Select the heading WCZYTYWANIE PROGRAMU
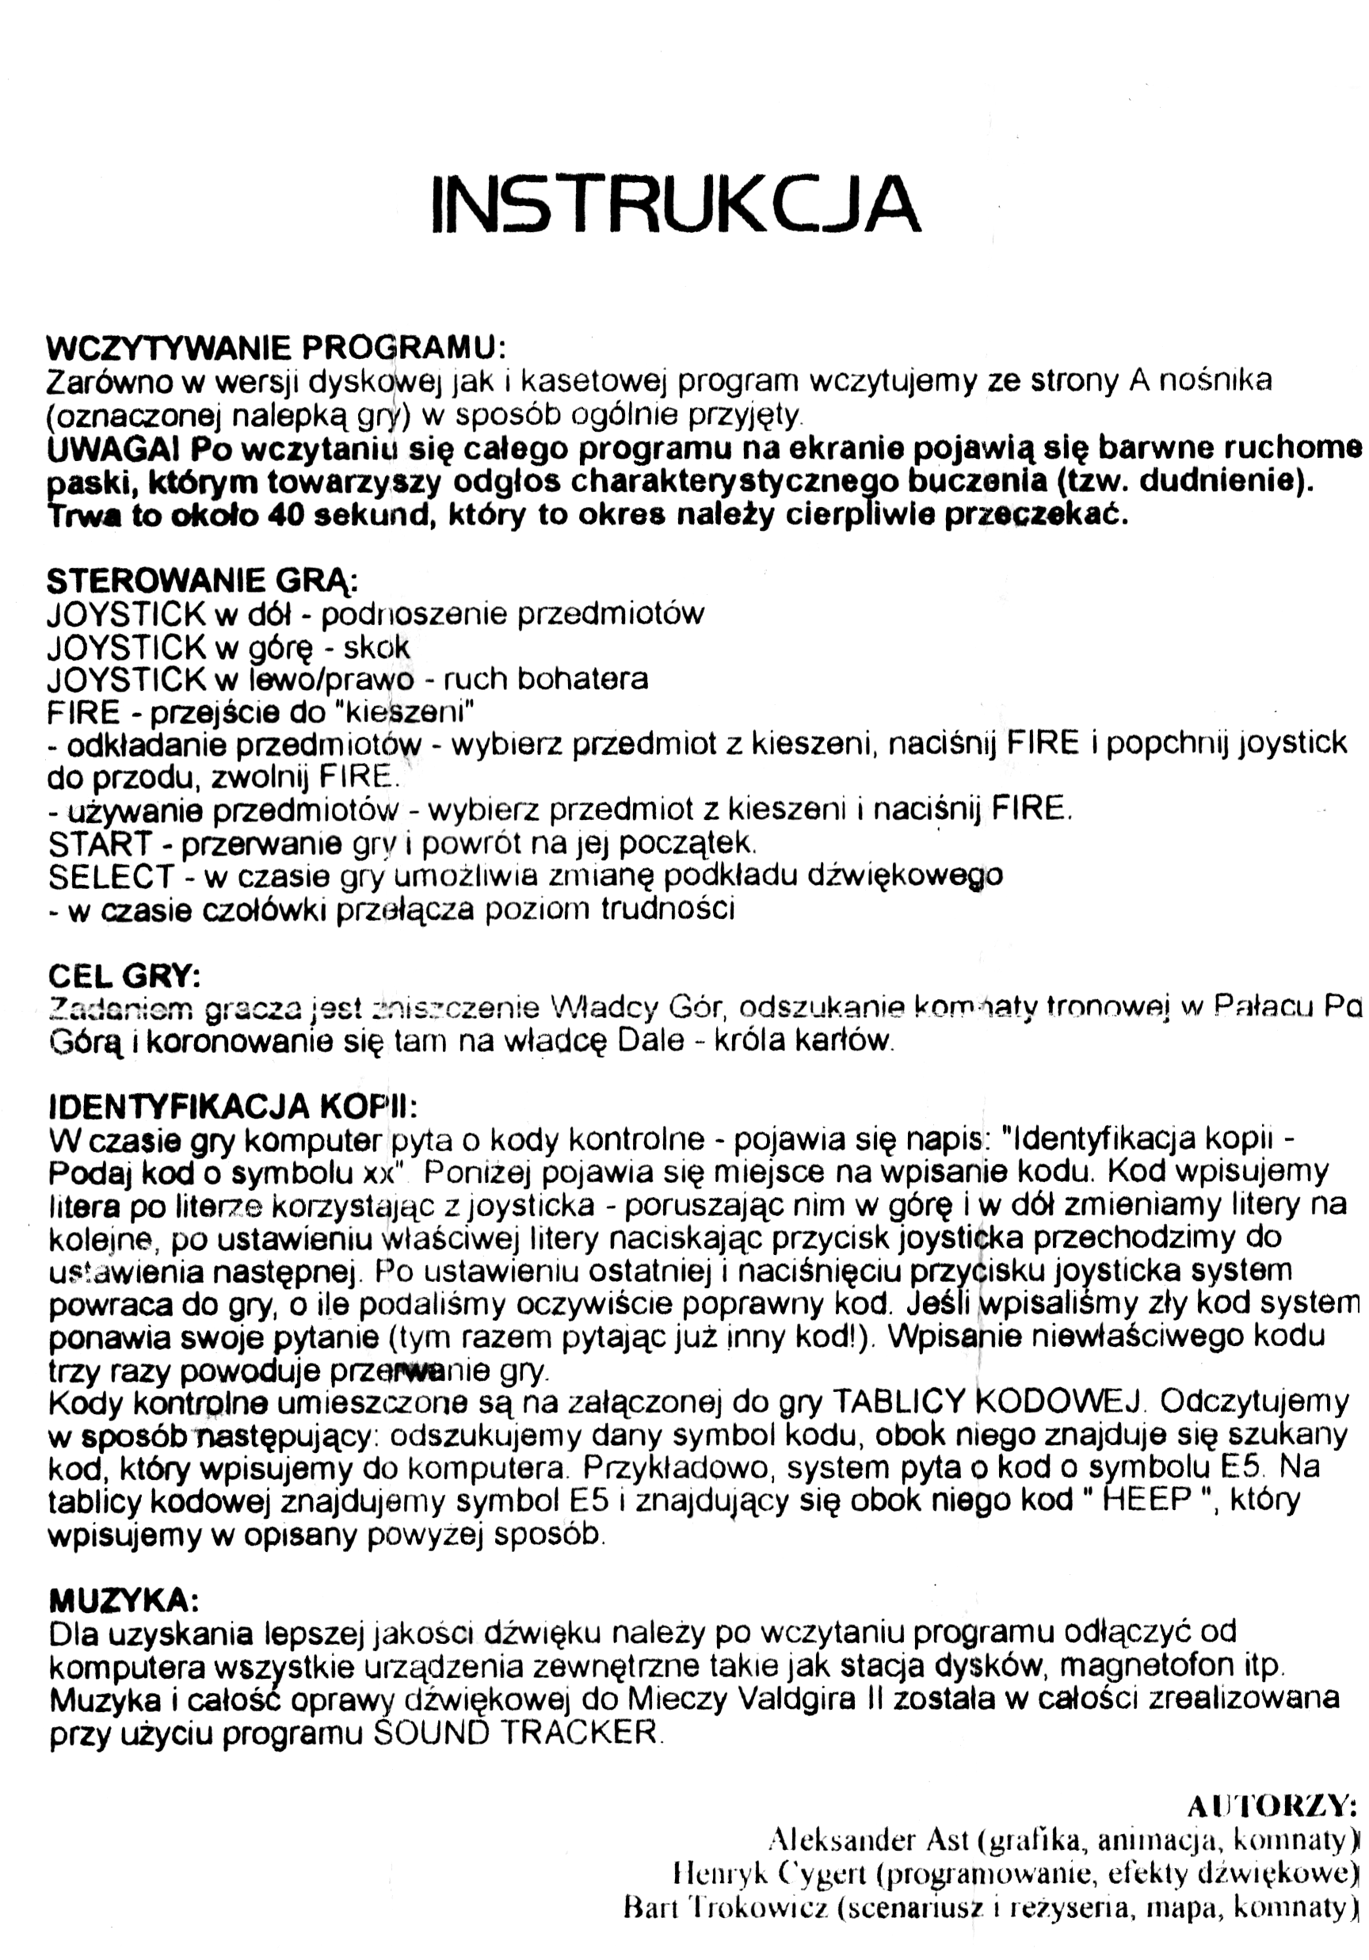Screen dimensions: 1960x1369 275,348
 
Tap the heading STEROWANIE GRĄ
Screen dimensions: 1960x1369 201,581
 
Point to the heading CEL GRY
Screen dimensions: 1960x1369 124,975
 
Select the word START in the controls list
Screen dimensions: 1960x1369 101,844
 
